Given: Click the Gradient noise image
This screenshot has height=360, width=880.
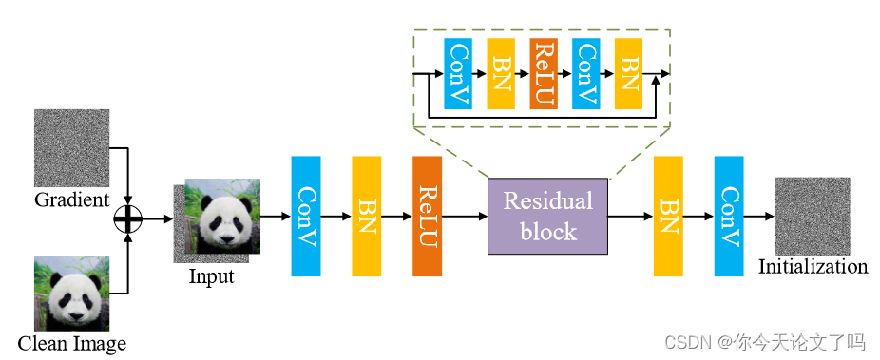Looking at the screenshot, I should click(x=72, y=147).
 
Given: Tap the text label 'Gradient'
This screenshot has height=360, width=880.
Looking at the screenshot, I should click(x=72, y=200).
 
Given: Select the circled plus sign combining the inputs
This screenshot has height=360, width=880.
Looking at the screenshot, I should click(x=126, y=219).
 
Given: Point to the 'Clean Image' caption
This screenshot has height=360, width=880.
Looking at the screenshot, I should click(x=72, y=342).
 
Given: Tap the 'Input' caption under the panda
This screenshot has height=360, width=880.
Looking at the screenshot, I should click(x=212, y=277).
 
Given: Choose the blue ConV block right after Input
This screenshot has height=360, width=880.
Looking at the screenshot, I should click(x=306, y=217).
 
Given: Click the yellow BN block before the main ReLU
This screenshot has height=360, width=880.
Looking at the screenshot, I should click(x=366, y=217).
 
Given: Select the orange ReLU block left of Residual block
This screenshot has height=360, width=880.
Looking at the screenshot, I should click(x=427, y=217).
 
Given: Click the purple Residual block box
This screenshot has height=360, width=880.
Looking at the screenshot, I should click(x=547, y=216).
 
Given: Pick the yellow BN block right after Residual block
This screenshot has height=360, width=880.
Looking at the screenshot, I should click(x=668, y=217).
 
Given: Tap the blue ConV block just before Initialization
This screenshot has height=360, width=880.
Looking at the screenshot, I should click(x=728, y=217).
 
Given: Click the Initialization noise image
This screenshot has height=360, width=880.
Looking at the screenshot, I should click(x=811, y=215).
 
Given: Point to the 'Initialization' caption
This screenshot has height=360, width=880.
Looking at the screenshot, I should click(x=813, y=267).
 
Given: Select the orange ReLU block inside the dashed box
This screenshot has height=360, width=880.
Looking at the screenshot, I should click(x=544, y=74).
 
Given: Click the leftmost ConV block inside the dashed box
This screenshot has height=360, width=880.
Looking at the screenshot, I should click(x=458, y=74).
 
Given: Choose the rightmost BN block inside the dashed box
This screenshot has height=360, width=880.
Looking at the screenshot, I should click(x=628, y=74).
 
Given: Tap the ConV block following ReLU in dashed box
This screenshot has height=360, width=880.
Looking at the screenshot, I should click(x=585, y=74).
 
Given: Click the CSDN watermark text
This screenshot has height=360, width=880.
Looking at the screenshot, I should click(x=763, y=341).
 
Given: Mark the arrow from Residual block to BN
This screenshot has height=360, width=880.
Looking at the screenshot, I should click(x=630, y=217).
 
